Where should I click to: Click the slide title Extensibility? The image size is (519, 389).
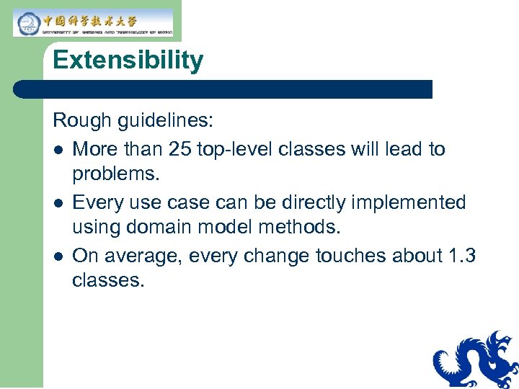pos(128,61)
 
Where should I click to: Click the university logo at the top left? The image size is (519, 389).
pos(93,22)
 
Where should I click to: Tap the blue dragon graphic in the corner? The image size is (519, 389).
pos(475,360)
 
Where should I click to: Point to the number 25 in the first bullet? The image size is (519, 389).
pos(179,149)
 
